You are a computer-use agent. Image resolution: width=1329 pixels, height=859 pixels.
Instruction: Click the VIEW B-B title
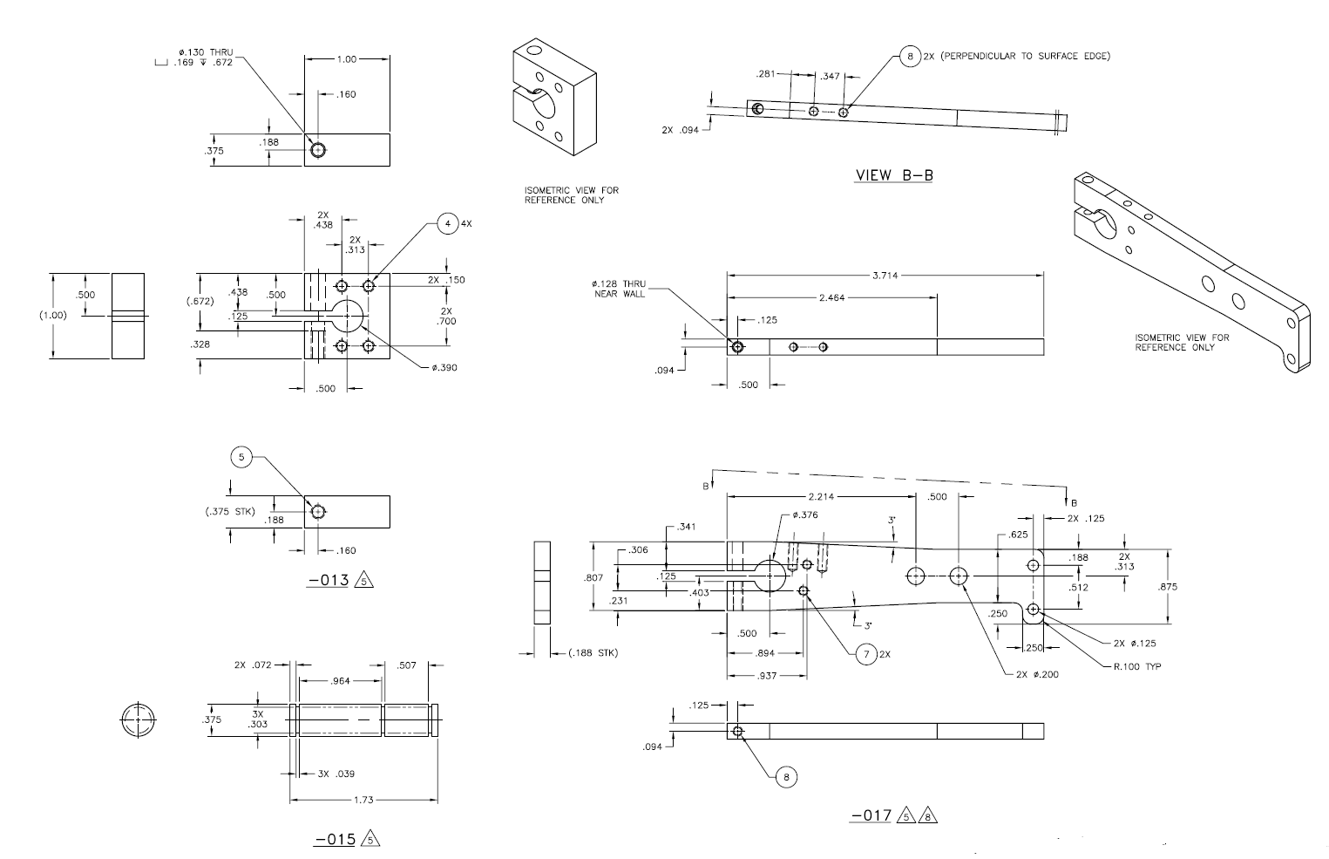click(894, 175)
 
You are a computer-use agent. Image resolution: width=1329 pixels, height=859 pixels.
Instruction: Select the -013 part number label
click(328, 580)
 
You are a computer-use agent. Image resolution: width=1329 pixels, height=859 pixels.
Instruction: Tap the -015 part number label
click(336, 839)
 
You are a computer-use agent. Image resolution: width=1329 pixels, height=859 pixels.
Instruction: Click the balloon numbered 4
click(447, 224)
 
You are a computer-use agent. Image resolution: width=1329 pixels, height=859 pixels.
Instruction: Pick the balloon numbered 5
click(242, 457)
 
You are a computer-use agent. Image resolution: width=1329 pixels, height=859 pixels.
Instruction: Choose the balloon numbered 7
click(865, 653)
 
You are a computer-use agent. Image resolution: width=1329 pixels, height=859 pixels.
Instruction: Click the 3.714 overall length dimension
click(885, 276)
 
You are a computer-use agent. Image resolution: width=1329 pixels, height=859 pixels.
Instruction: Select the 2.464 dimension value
click(832, 297)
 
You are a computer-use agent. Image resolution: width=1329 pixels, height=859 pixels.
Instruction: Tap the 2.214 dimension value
click(822, 496)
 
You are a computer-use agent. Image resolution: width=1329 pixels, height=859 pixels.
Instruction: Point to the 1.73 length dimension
click(363, 800)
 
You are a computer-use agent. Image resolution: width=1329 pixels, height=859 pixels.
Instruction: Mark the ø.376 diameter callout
click(804, 515)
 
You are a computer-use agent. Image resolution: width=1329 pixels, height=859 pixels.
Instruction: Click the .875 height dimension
click(1168, 587)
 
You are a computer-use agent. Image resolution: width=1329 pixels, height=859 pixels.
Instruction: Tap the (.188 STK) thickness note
click(593, 652)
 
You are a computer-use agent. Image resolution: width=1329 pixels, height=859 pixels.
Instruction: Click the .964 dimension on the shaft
click(340, 681)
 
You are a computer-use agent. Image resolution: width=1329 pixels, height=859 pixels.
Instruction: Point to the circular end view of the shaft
click(138, 719)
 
